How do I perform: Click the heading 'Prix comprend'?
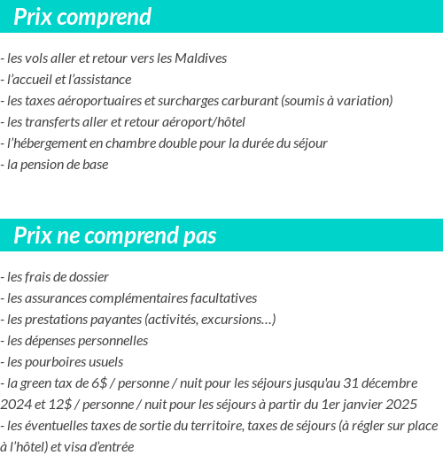[x=82, y=17]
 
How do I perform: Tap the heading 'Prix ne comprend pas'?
[x=115, y=235]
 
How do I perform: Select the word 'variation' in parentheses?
[x=363, y=101]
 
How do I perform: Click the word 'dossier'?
[x=89, y=276]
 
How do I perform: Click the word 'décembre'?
[x=388, y=383]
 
